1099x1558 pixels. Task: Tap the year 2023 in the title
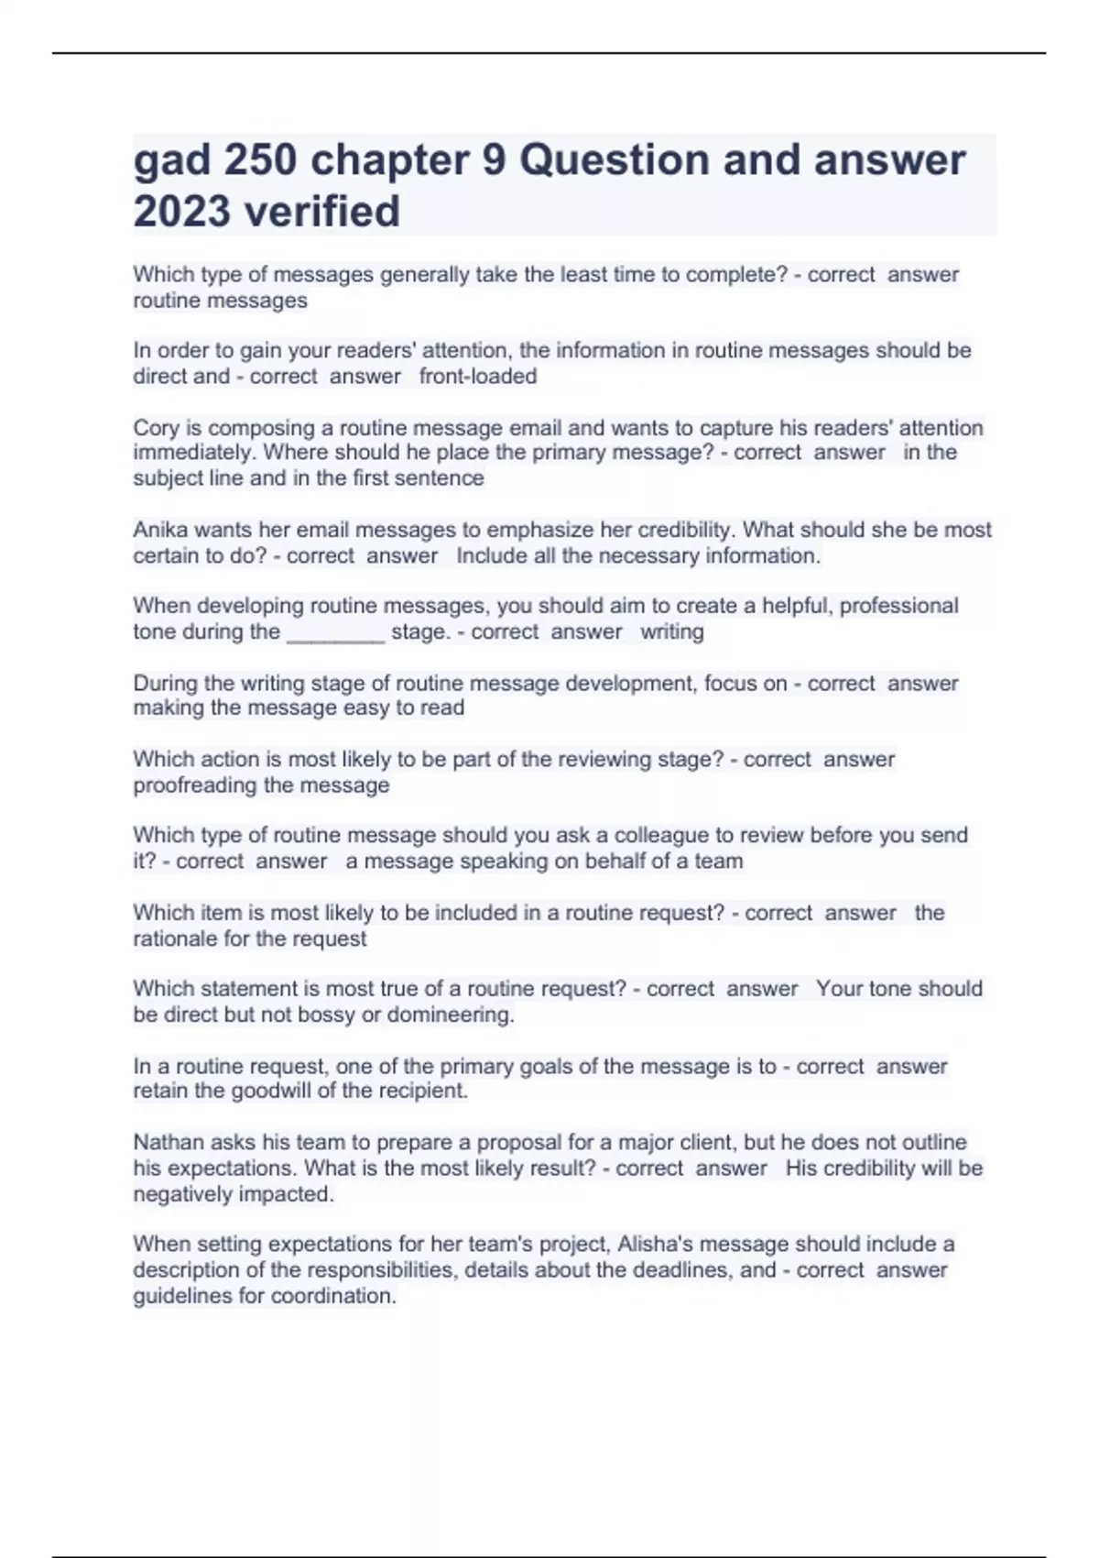tap(181, 212)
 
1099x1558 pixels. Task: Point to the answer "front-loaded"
tap(478, 377)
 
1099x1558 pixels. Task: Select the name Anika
tap(159, 530)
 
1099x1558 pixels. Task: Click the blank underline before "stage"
tap(336, 632)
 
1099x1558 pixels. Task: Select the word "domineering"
tap(450, 1015)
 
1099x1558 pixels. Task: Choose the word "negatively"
tap(182, 1194)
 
